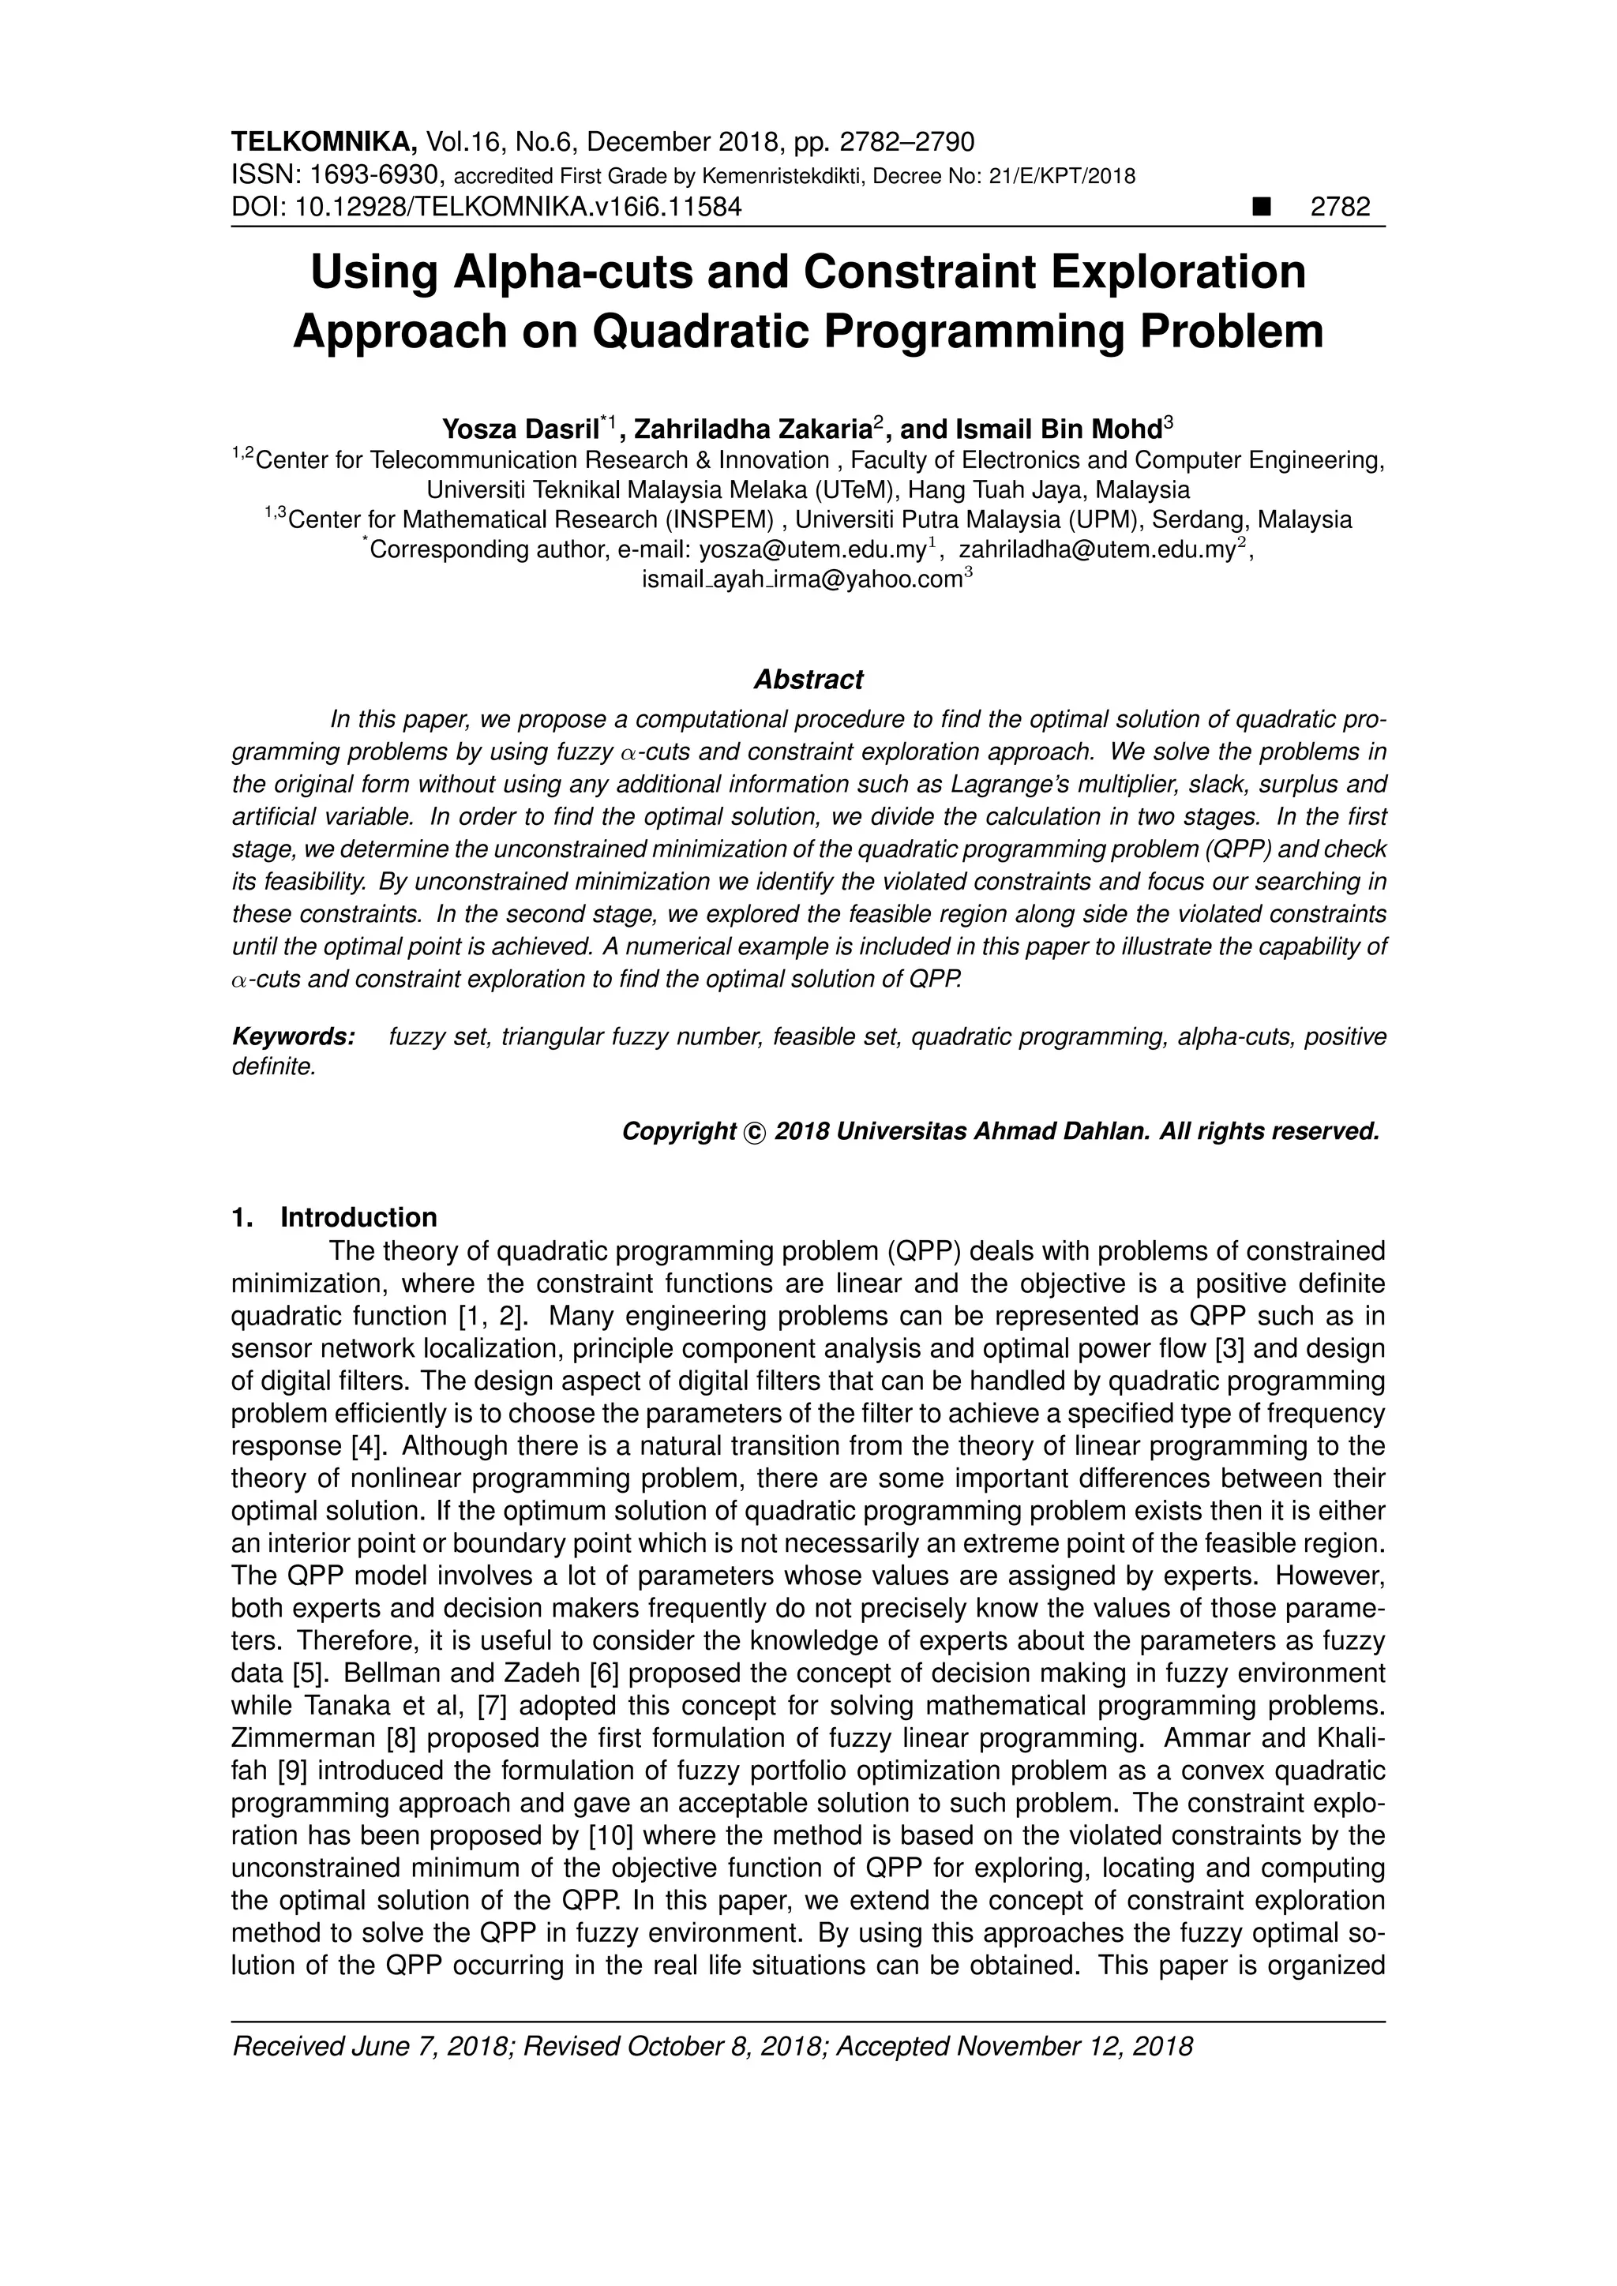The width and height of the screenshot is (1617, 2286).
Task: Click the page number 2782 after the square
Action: tap(1340, 207)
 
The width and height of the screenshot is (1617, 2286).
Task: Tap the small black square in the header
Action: tap(1263, 207)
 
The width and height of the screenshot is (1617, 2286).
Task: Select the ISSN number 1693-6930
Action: tap(374, 176)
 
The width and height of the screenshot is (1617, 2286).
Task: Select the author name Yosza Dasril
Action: tap(521, 430)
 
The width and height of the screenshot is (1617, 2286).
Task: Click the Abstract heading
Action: tap(808, 680)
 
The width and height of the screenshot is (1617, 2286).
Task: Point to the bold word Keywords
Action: tap(293, 1037)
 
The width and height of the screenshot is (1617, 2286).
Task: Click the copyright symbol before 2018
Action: tap(755, 1132)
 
